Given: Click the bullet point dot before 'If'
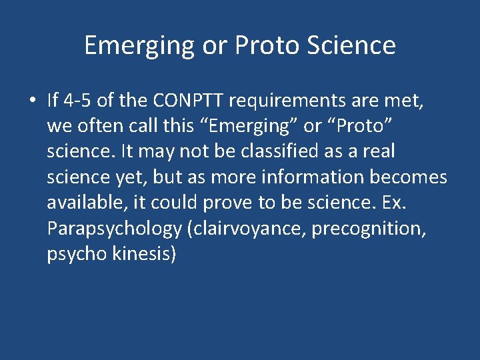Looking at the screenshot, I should [32, 101].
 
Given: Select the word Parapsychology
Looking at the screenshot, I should [114, 229].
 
